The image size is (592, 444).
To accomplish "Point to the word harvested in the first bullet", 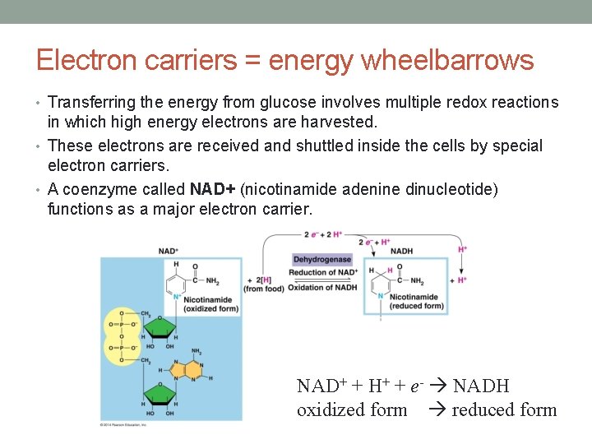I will [338, 123].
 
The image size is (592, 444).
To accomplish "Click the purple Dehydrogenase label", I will [322, 260].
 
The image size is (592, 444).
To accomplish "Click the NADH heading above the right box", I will [401, 251].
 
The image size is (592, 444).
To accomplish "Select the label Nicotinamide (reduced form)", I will [416, 301].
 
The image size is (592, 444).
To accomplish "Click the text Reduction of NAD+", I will [323, 273].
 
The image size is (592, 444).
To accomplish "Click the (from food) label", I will [265, 289].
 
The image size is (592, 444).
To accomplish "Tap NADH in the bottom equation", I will [481, 386].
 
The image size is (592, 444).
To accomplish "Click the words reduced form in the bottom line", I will [504, 409].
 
